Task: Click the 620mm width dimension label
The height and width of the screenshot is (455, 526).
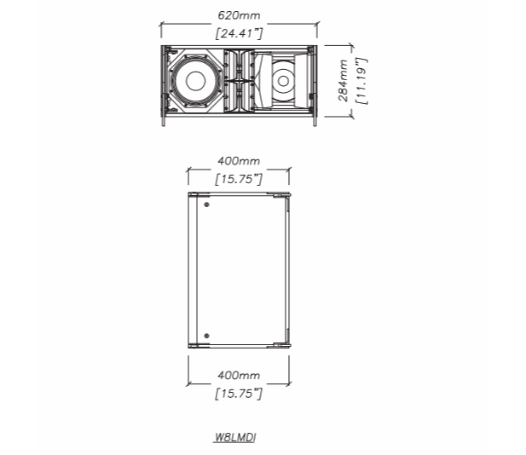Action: coord(239,15)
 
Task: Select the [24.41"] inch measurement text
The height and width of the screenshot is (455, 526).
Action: coord(239,33)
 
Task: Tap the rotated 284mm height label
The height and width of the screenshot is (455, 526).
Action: coord(343,80)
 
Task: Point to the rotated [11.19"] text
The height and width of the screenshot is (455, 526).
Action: coord(361,81)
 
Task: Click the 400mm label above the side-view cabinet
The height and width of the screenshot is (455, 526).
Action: coord(239,161)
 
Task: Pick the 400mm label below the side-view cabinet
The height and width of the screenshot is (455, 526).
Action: coord(239,375)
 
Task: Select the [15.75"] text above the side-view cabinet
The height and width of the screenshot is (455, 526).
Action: coord(239,179)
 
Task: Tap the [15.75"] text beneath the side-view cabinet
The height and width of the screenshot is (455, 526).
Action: coord(239,393)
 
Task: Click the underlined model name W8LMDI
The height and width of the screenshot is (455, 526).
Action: coord(235,437)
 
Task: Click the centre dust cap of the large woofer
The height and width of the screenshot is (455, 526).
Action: coord(195,81)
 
